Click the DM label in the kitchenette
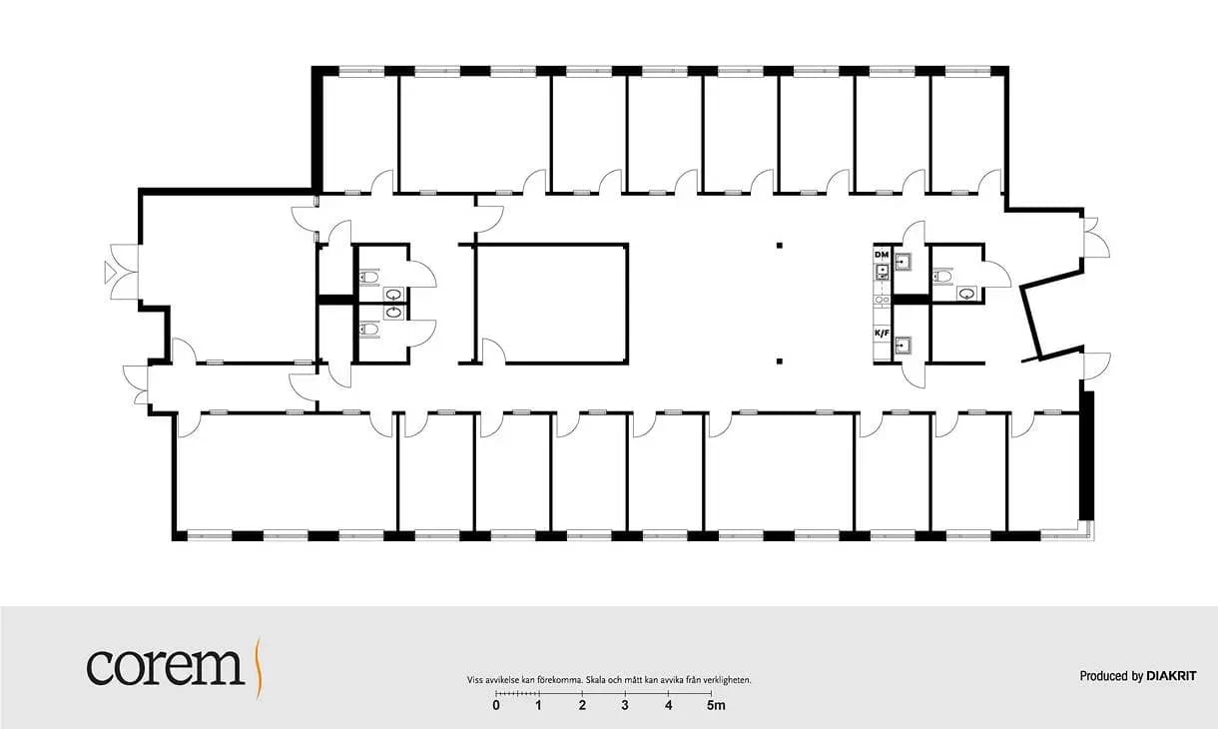click(882, 255)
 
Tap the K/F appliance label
click(882, 333)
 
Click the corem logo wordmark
click(165, 667)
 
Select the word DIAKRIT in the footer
click(1171, 676)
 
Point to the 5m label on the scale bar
click(716, 706)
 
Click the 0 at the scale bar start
click(496, 706)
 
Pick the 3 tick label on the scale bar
click(625, 706)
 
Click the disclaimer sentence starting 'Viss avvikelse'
click(609, 680)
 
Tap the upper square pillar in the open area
click(779, 246)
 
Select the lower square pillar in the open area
click(779, 362)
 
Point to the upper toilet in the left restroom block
click(369, 278)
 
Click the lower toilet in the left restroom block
click(369, 330)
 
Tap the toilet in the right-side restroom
click(942, 277)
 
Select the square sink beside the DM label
click(904, 263)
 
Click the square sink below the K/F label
click(904, 345)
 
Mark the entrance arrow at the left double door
click(110, 272)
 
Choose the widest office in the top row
click(474, 133)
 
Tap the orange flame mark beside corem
click(259, 668)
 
